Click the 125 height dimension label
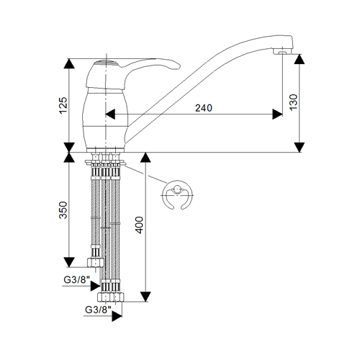coord(63,105)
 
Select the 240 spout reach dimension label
coord(204,108)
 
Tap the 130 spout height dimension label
coord(293,102)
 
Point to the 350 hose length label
coord(63,210)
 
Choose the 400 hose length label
coord(139,225)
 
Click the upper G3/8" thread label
coord(76,279)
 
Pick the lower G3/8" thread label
coord(98,310)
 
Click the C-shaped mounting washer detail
coord(178,195)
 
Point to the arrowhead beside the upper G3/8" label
coord(95,286)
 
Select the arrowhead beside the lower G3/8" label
coord(117,316)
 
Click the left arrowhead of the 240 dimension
coord(110,114)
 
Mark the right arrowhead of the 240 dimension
coord(277,114)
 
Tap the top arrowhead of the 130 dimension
coord(300,59)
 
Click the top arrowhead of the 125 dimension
coord(69,63)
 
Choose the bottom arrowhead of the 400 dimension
coord(145,297)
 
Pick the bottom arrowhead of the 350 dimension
coord(69,262)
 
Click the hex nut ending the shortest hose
coord(95,263)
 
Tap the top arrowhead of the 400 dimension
coord(145,158)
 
